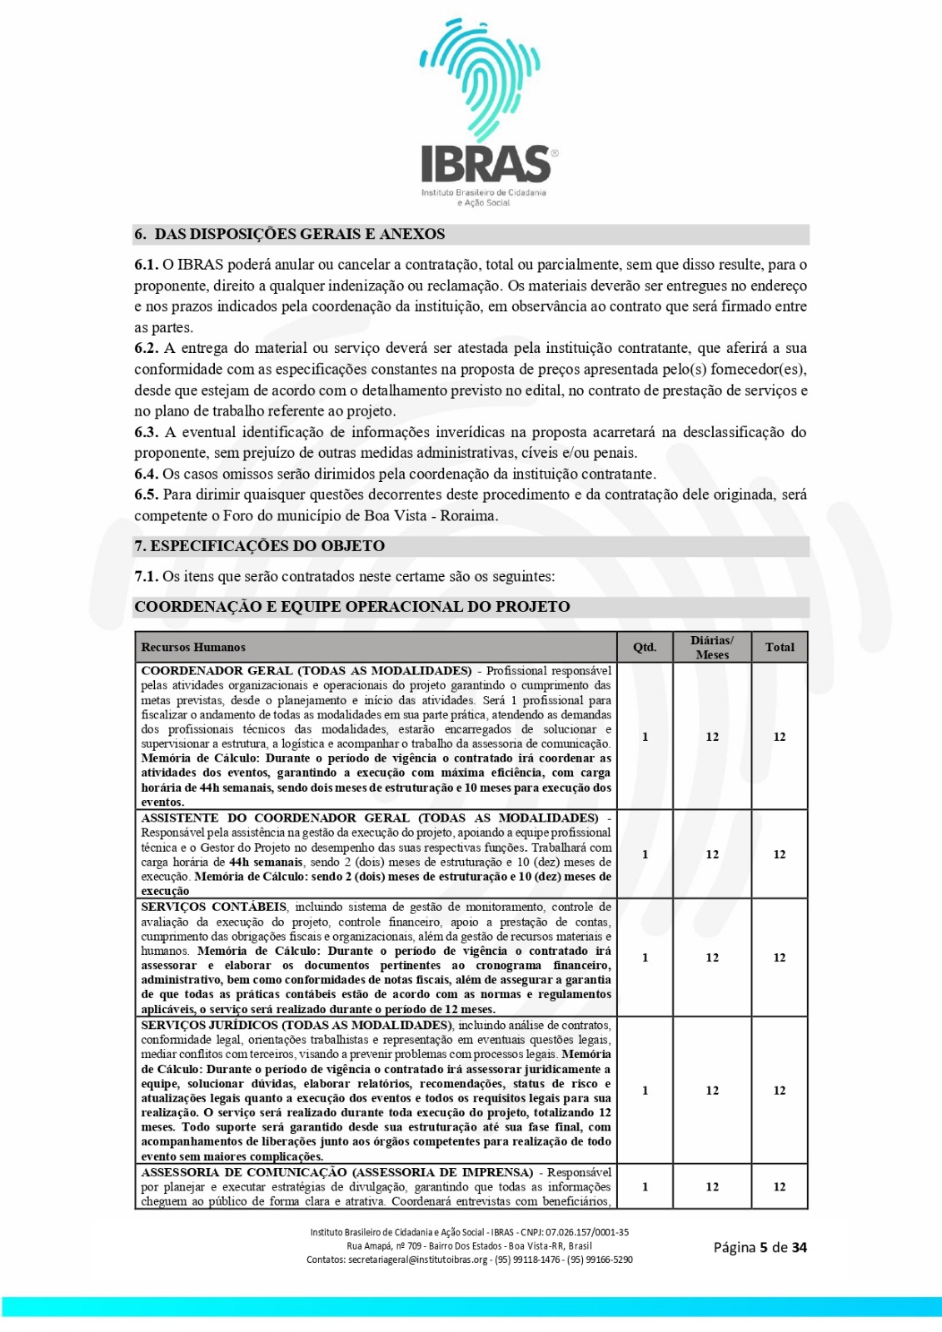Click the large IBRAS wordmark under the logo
click(x=485, y=164)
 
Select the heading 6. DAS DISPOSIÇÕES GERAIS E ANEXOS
click(x=290, y=234)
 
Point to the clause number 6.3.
click(x=147, y=432)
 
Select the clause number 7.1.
click(x=146, y=576)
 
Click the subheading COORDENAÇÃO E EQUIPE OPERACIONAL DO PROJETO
click(x=352, y=607)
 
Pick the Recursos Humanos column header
click(x=193, y=647)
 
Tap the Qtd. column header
click(x=645, y=647)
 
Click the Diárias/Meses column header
click(x=712, y=647)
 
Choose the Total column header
click(x=780, y=647)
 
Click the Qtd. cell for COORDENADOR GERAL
click(x=645, y=737)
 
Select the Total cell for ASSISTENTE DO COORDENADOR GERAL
click(x=780, y=854)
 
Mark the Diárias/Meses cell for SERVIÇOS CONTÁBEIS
click(x=712, y=957)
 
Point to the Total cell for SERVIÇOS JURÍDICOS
click(x=780, y=1091)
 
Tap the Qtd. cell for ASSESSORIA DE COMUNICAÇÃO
click(x=645, y=1187)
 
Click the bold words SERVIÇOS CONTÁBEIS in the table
click(x=214, y=907)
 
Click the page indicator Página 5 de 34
click(x=760, y=1247)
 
